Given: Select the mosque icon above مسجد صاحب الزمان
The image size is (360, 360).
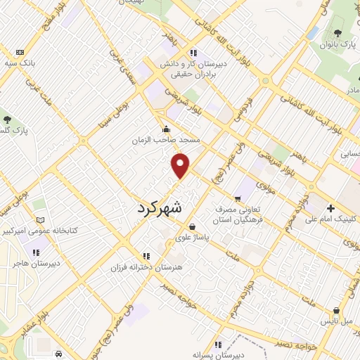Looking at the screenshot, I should (166, 129).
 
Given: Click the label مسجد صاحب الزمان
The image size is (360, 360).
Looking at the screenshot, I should (167, 140).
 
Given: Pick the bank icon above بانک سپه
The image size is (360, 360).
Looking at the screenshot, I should (19, 52).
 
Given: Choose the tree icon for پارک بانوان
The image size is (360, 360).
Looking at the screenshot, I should (338, 33).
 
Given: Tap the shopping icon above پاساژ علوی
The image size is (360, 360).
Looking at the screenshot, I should (192, 226).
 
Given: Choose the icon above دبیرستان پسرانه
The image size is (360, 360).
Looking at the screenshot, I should (218, 345).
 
